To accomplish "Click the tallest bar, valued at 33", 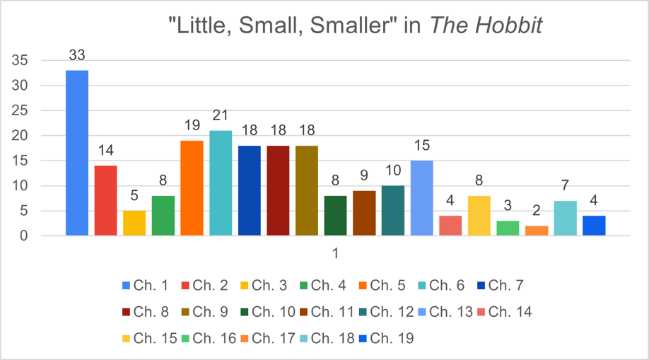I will click(77, 153).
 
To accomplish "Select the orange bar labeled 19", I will click(192, 188).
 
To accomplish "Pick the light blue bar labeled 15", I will click(421, 198).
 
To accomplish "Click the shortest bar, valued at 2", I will click(536, 231).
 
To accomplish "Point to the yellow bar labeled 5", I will click(134, 223).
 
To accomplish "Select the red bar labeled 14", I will click(105, 200).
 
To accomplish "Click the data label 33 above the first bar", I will click(77, 55).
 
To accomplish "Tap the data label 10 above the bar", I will click(392, 170).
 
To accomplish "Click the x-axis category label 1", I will click(336, 253).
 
